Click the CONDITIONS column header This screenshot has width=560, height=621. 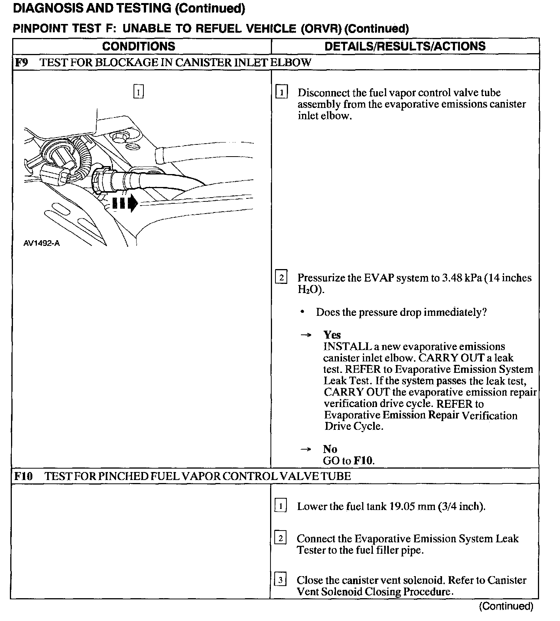click(138, 46)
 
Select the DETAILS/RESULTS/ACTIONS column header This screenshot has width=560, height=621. click(405, 46)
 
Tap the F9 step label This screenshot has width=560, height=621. click(22, 62)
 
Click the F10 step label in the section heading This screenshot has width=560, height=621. click(23, 476)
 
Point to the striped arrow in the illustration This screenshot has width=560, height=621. click(126, 203)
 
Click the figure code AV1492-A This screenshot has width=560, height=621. click(41, 243)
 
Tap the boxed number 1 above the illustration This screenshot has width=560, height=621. click(138, 92)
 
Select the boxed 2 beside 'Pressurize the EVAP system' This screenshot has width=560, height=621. click(281, 277)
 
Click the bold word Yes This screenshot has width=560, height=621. click(332, 335)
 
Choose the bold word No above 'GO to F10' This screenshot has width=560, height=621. click(330, 449)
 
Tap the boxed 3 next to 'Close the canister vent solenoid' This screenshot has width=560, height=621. click(280, 580)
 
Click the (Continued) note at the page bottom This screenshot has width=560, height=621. click(506, 606)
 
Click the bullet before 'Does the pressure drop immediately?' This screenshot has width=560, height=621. click(302, 312)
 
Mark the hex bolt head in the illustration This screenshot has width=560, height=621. click(118, 137)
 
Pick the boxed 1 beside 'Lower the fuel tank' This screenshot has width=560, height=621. click(280, 506)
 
